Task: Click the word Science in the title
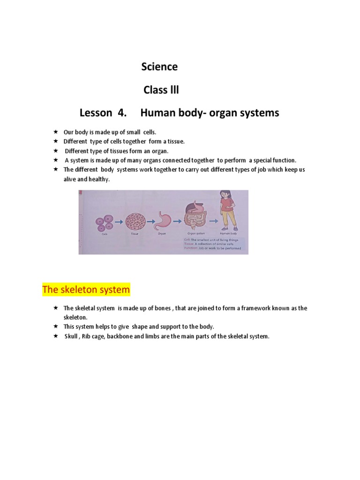coord(159,67)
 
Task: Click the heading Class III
coord(161,90)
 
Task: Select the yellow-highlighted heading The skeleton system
coord(86,290)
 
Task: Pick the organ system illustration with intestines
coord(194,216)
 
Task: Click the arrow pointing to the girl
coord(213,219)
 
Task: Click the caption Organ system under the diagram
coord(195,233)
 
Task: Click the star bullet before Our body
coord(55,132)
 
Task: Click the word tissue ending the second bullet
coord(176,142)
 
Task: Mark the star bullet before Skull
coord(55,336)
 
